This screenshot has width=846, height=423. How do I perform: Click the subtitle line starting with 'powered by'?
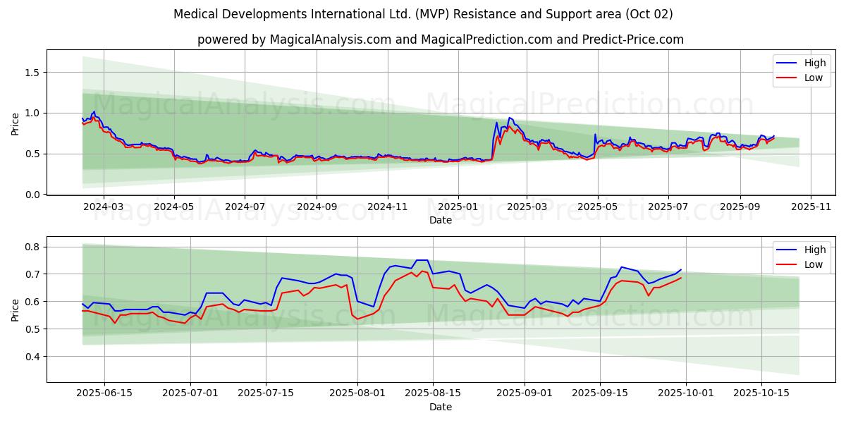(441, 39)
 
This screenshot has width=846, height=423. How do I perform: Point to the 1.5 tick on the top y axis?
(32, 73)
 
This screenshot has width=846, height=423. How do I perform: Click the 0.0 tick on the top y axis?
(32, 195)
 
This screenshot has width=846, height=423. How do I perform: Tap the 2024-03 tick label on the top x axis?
(104, 208)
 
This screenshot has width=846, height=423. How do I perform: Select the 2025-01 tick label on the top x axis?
(458, 208)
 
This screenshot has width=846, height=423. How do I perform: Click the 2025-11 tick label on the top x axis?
(811, 208)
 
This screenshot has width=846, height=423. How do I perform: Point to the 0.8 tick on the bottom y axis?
(32, 247)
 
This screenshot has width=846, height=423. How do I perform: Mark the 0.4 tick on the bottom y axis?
(32, 357)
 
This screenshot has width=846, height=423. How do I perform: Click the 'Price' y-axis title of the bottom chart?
(16, 309)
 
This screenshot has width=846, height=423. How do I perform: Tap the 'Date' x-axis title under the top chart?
(441, 221)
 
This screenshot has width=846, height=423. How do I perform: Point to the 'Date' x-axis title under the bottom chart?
(441, 407)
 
